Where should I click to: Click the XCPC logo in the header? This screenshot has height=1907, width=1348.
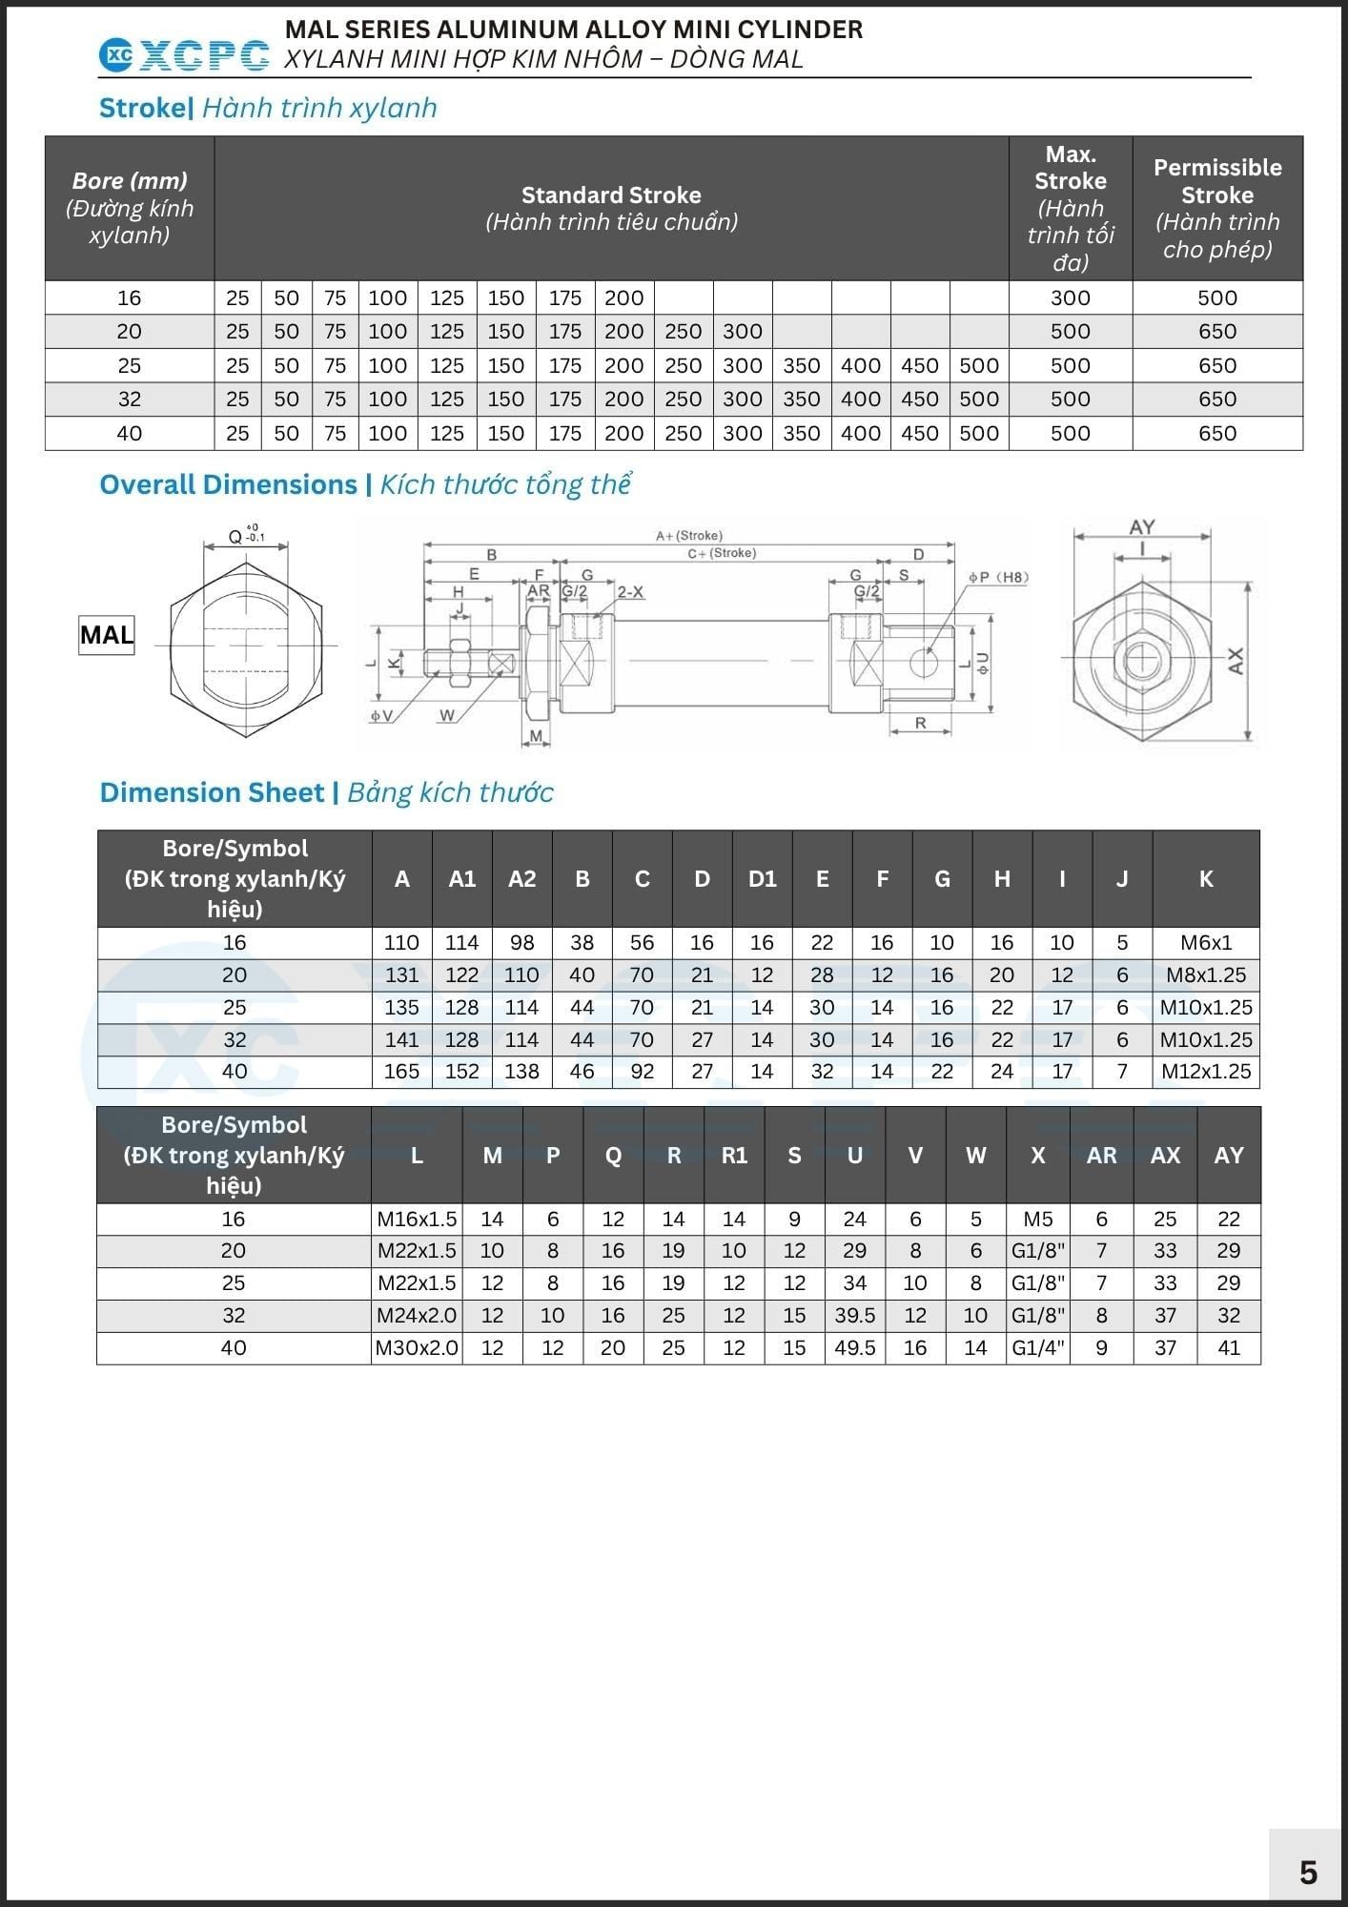[x=184, y=56]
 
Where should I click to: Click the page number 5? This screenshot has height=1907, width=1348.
[x=1308, y=1873]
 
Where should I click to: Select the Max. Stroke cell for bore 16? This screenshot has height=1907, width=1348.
[x=1070, y=297]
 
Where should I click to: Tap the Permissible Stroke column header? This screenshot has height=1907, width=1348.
[x=1217, y=208]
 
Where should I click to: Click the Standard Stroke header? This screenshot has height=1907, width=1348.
[x=611, y=208]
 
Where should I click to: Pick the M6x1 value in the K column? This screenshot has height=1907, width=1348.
[x=1206, y=942]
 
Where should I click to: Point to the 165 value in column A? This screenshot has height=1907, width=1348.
[x=401, y=1071]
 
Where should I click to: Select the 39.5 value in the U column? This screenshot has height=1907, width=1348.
[x=854, y=1315]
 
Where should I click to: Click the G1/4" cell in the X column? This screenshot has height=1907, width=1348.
[x=1037, y=1347]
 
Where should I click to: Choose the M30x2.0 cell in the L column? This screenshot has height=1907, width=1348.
[x=417, y=1347]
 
